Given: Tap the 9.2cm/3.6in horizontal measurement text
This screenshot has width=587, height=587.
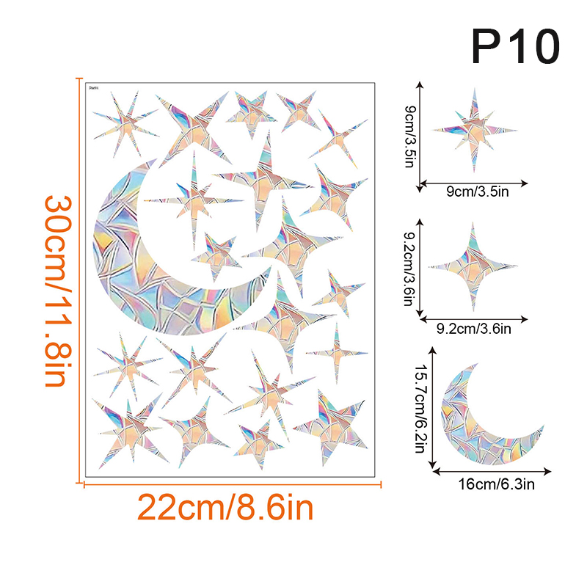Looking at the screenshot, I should click(474, 329).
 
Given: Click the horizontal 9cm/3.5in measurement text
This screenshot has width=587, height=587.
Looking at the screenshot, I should click(473, 192).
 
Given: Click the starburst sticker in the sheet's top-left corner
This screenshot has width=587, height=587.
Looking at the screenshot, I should click(125, 125).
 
